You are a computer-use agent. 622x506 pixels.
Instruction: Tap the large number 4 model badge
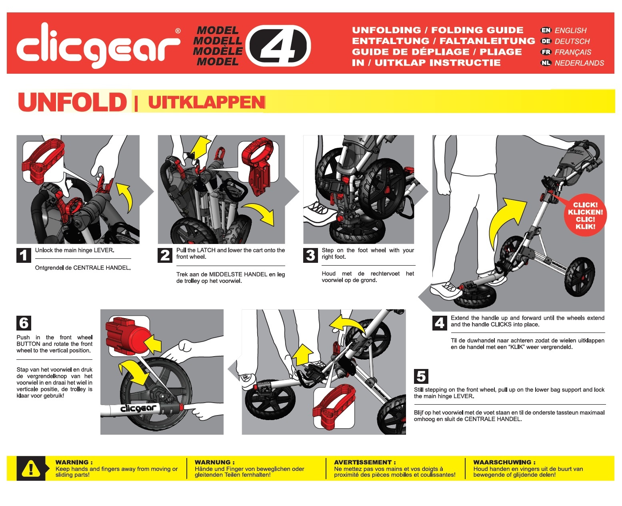click(x=278, y=46)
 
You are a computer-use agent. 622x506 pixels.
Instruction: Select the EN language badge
click(x=546, y=30)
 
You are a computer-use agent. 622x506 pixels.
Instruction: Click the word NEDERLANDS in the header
click(x=579, y=63)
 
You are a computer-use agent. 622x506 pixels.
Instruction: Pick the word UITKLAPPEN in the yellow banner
click(x=206, y=103)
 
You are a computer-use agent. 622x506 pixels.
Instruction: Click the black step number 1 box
click(x=24, y=255)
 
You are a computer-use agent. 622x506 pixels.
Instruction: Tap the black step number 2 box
click(x=165, y=255)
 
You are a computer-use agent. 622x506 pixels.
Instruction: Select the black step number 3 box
click(x=310, y=255)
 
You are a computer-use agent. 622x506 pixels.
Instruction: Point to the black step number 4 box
click(x=440, y=323)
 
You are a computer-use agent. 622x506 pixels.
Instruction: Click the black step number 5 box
click(x=421, y=376)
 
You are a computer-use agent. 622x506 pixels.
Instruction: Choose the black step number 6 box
click(x=24, y=323)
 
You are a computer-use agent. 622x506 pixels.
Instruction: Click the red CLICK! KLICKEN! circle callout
click(x=585, y=215)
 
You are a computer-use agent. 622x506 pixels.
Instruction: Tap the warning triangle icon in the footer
click(x=31, y=468)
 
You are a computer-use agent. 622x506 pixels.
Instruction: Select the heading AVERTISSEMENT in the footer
click(x=365, y=462)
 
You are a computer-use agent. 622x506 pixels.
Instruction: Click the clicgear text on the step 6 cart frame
click(x=138, y=408)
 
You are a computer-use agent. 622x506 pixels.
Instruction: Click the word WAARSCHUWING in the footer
click(x=504, y=462)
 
